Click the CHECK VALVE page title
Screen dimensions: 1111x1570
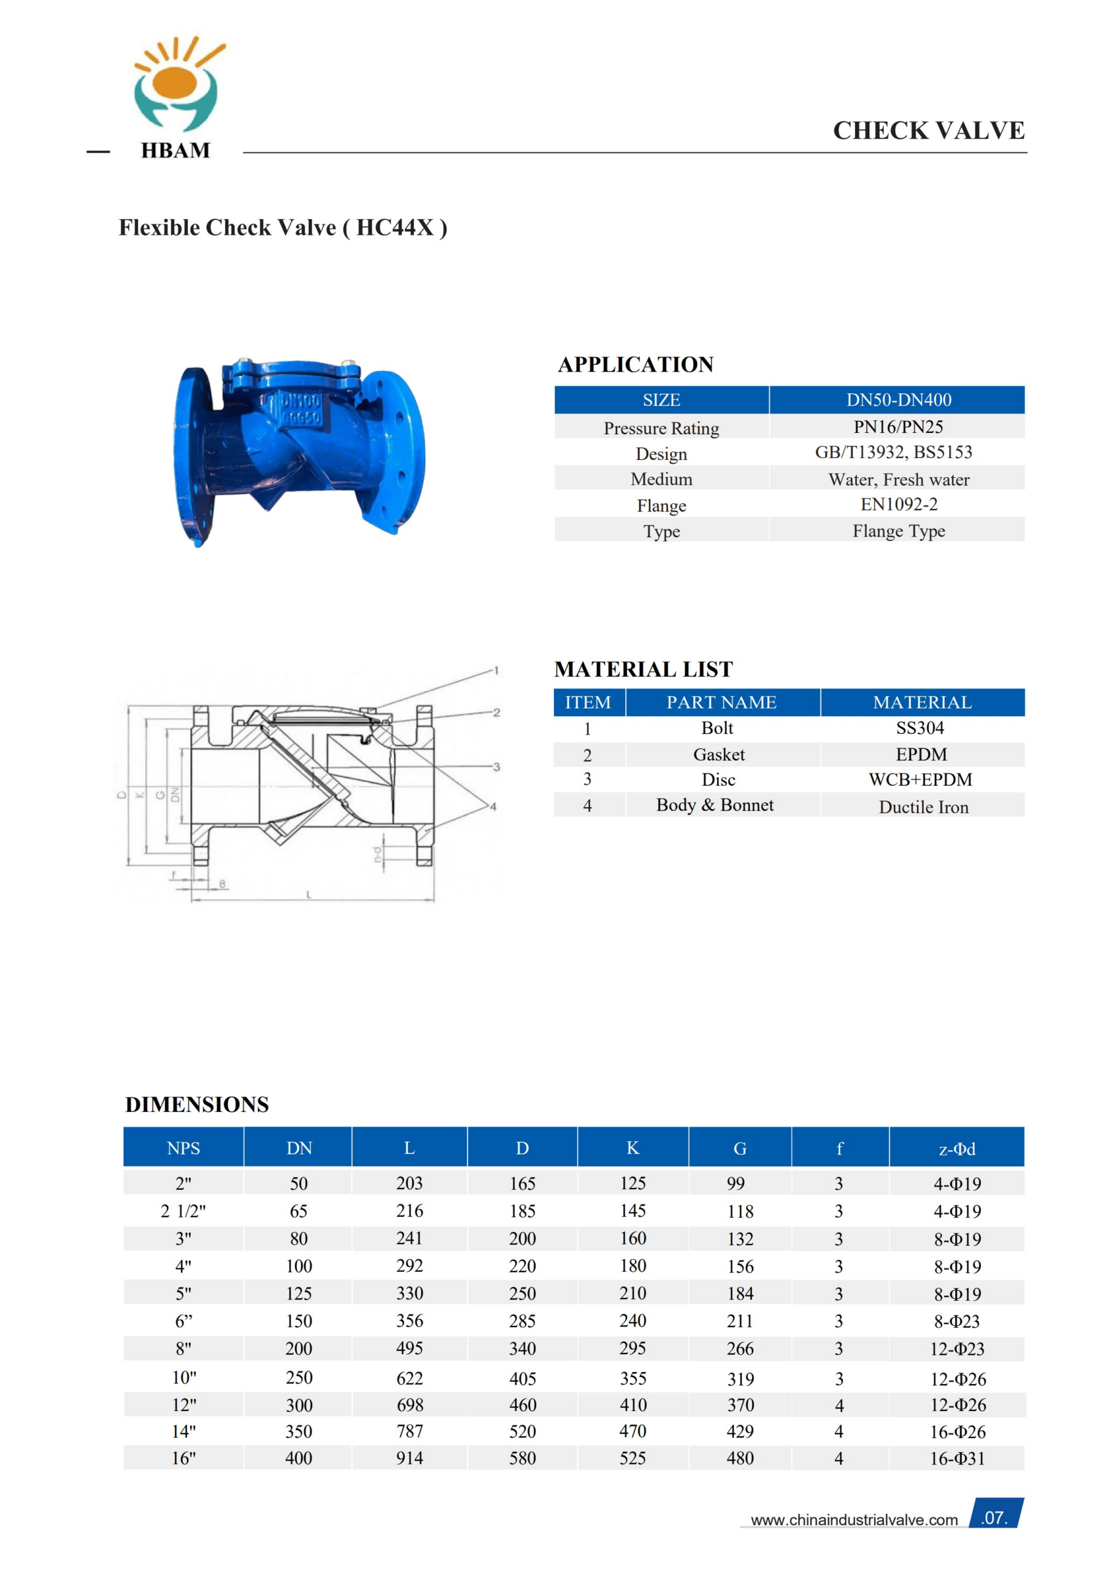click(928, 131)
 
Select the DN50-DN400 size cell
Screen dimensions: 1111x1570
click(898, 400)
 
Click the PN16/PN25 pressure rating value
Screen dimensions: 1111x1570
click(898, 427)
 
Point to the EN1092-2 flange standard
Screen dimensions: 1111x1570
click(898, 505)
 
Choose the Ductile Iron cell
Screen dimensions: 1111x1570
click(923, 807)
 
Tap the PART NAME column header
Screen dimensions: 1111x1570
click(721, 702)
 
